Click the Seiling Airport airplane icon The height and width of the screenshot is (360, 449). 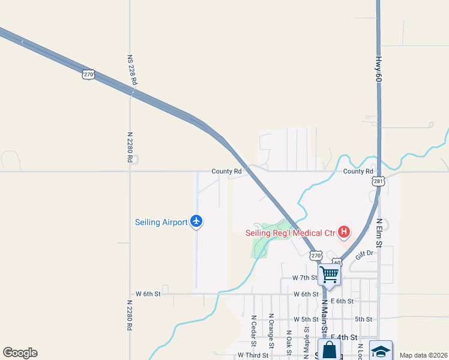click(x=196, y=221)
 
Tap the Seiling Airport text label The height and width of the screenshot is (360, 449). click(x=161, y=222)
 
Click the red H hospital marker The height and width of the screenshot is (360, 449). click(x=344, y=232)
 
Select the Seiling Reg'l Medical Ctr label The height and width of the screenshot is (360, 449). click(x=290, y=233)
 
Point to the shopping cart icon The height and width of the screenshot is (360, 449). click(x=329, y=275)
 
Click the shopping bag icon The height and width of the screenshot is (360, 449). click(x=329, y=350)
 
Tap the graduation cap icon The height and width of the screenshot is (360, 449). click(x=381, y=350)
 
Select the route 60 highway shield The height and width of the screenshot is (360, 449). click(x=337, y=262)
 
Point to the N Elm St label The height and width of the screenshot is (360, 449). click(x=379, y=231)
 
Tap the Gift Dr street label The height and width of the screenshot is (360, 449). click(x=364, y=254)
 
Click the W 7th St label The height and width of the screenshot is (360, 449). click(x=304, y=278)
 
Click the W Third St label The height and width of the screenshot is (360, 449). click(x=253, y=355)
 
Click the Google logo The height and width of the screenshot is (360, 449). click(x=20, y=353)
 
